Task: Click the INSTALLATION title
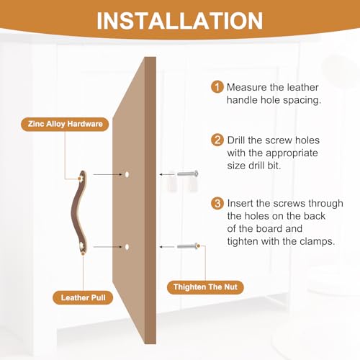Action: [180, 21]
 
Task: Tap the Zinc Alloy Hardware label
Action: [65, 124]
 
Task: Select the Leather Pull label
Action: [83, 297]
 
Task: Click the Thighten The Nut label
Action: [205, 287]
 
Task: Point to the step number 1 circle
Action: [217, 87]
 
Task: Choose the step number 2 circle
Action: [217, 140]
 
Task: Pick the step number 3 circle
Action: [217, 203]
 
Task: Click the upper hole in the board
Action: [127, 174]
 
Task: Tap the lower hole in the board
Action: [127, 247]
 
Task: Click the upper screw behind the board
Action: [188, 174]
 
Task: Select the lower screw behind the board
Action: [188, 246]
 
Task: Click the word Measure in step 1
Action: [247, 87]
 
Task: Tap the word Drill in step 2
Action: [236, 140]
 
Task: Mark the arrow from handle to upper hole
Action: [108, 174]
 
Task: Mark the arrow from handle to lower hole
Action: [108, 247]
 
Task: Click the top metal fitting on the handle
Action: [80, 178]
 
